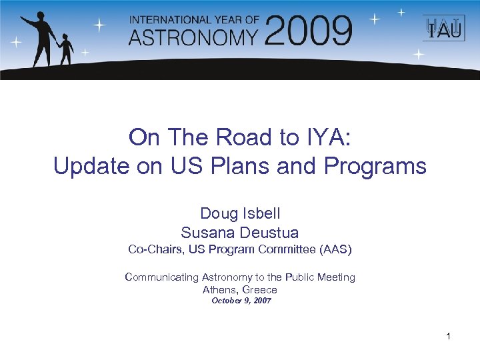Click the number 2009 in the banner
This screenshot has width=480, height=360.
(308, 31)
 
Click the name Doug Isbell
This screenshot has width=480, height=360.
(240, 213)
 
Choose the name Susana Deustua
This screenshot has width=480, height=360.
(240, 233)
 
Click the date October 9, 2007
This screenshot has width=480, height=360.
(241, 301)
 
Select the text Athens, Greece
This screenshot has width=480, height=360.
(240, 289)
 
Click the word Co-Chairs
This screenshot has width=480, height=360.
(155, 249)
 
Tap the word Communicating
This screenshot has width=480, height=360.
(162, 277)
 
